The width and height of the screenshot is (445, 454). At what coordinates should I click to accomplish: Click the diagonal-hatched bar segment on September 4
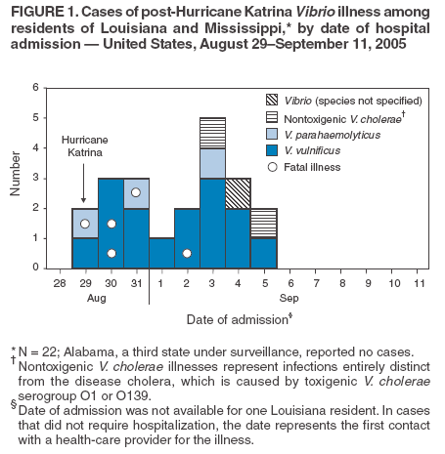pyautogui.click(x=238, y=193)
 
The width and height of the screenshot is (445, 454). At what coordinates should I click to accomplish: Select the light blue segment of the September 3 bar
pyautogui.click(x=212, y=163)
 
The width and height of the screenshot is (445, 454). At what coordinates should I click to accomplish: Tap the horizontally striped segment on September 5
pyautogui.click(x=263, y=223)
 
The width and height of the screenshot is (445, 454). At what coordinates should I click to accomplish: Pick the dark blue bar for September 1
pyautogui.click(x=161, y=252)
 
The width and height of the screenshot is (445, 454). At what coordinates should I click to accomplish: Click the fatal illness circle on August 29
pyautogui.click(x=85, y=224)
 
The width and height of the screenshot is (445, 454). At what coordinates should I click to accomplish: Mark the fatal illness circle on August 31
pyautogui.click(x=136, y=193)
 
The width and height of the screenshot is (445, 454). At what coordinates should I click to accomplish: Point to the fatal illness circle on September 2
pyautogui.click(x=187, y=253)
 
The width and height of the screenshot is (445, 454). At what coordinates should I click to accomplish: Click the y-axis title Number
pyautogui.click(x=15, y=177)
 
